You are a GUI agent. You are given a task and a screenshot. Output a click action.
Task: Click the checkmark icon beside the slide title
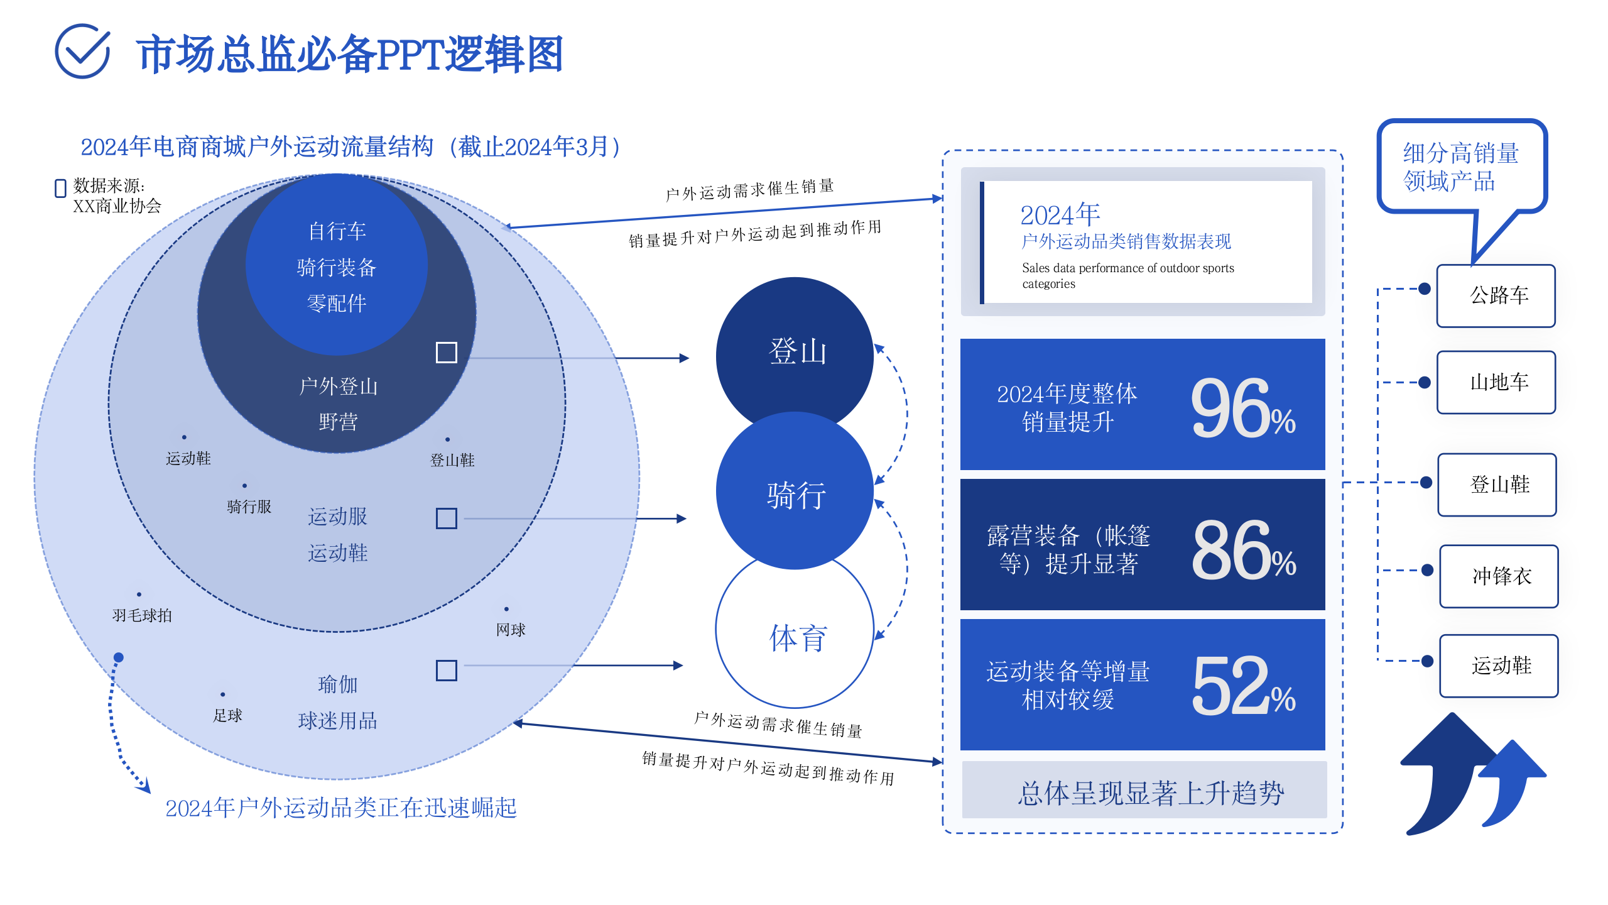[x=82, y=52]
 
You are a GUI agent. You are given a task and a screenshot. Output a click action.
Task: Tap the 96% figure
[x=1242, y=409]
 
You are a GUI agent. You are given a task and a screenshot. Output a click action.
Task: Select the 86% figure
[x=1242, y=551]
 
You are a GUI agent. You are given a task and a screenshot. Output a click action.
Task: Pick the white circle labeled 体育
[x=795, y=637]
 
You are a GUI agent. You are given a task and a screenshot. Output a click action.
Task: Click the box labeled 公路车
[x=1496, y=295]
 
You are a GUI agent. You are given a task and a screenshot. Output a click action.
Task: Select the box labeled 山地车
[x=1496, y=382]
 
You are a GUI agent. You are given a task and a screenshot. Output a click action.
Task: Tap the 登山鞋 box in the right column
[x=1497, y=485]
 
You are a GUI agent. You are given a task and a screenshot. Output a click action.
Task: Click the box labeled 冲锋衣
[x=1499, y=576]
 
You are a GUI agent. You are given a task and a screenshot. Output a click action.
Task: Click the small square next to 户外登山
[x=446, y=353]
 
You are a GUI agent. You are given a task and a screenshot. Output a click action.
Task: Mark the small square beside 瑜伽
[x=446, y=670]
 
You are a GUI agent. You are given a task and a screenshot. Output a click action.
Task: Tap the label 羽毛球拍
[x=142, y=615]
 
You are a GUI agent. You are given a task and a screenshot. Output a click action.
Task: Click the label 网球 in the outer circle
[x=510, y=630]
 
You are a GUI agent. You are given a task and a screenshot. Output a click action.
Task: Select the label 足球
[x=227, y=715]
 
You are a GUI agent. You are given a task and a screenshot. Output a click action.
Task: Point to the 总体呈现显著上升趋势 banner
[x=1144, y=792]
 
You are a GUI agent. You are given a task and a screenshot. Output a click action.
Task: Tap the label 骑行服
[x=249, y=507]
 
